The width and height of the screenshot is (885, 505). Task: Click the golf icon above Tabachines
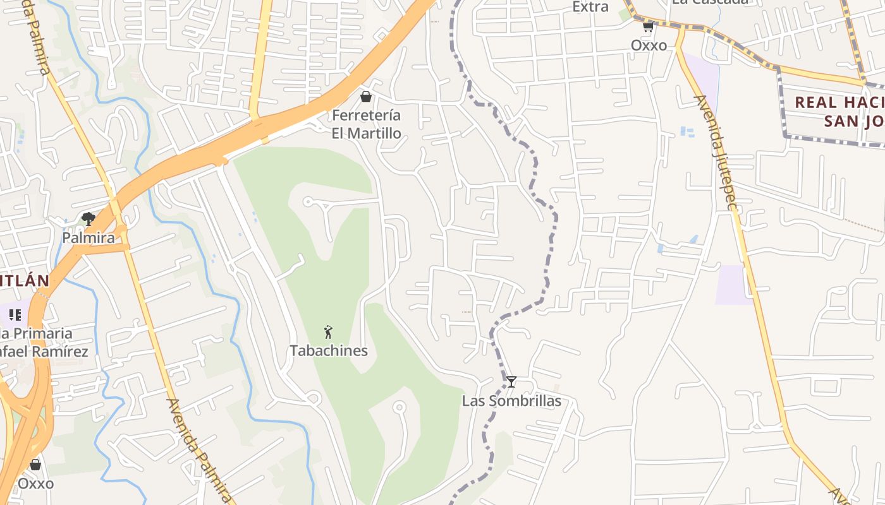click(328, 332)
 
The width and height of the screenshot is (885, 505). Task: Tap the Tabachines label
click(329, 350)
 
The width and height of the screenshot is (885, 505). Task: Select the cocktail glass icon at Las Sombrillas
click(511, 382)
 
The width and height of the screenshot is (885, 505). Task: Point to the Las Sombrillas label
click(511, 401)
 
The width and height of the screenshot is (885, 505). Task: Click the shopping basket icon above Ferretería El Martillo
click(365, 97)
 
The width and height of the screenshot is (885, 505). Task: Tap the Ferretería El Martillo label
click(367, 124)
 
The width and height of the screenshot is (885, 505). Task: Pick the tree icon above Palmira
click(88, 219)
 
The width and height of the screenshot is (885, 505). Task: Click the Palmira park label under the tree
click(88, 238)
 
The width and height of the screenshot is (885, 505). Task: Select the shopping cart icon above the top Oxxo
click(648, 27)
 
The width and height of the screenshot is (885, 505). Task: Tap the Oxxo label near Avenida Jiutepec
click(649, 45)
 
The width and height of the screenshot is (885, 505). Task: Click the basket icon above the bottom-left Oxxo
click(35, 465)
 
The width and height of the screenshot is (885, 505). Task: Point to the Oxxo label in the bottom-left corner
click(35, 484)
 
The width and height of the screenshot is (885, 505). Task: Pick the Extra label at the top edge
click(590, 6)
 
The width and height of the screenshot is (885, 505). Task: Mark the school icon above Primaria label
click(15, 314)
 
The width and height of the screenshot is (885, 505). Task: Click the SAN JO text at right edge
click(853, 121)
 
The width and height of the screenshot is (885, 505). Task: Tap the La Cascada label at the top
click(710, 2)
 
